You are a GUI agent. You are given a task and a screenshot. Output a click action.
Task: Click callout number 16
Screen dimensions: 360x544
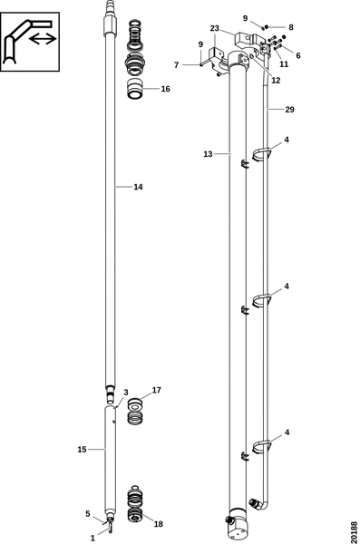(x=165, y=89)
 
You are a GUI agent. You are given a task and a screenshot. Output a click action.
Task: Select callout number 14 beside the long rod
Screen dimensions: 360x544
(x=138, y=187)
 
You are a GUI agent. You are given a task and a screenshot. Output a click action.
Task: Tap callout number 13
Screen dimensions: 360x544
(x=208, y=154)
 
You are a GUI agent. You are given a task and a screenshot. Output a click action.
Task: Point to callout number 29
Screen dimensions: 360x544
(x=289, y=110)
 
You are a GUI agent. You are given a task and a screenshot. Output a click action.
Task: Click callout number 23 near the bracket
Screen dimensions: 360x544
(x=215, y=28)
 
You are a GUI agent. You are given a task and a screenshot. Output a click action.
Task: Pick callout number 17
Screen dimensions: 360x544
(x=157, y=390)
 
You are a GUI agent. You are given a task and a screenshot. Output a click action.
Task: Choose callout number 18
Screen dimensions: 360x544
(x=159, y=524)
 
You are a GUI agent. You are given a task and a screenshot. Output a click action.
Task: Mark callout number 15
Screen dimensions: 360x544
(x=82, y=450)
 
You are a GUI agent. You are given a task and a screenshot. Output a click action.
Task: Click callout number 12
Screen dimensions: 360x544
(x=276, y=81)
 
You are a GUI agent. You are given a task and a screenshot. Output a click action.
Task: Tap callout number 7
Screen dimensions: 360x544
(x=176, y=65)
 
